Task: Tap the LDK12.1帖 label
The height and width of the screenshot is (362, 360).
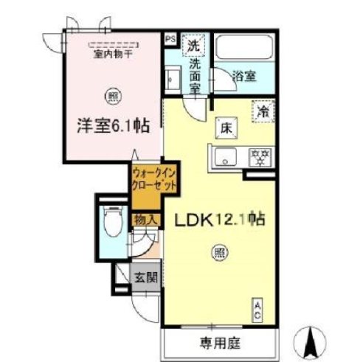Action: (218, 219)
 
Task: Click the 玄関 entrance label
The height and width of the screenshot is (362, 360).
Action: (145, 278)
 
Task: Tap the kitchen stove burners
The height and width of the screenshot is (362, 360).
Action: (260, 156)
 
